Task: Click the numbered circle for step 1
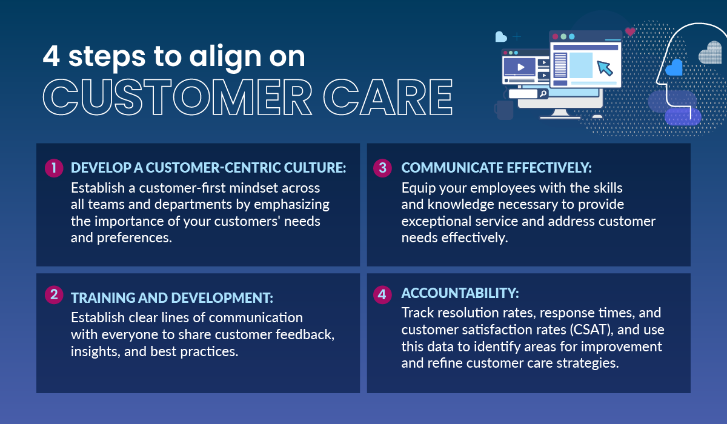tap(54, 168)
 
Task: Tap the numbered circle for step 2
tap(54, 294)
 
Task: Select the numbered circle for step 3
tap(382, 168)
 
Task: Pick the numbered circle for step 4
tap(382, 294)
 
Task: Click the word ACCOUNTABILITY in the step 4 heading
tap(460, 293)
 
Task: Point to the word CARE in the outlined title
tap(388, 98)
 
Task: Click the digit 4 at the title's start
tap(51, 56)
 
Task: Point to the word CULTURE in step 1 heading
tap(315, 168)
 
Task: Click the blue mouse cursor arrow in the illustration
tap(605, 68)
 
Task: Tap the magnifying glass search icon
tap(543, 94)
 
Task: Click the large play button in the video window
tap(520, 67)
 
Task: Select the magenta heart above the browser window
tap(630, 31)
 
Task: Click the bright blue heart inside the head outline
tap(674, 67)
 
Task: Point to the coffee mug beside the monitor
tap(503, 110)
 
